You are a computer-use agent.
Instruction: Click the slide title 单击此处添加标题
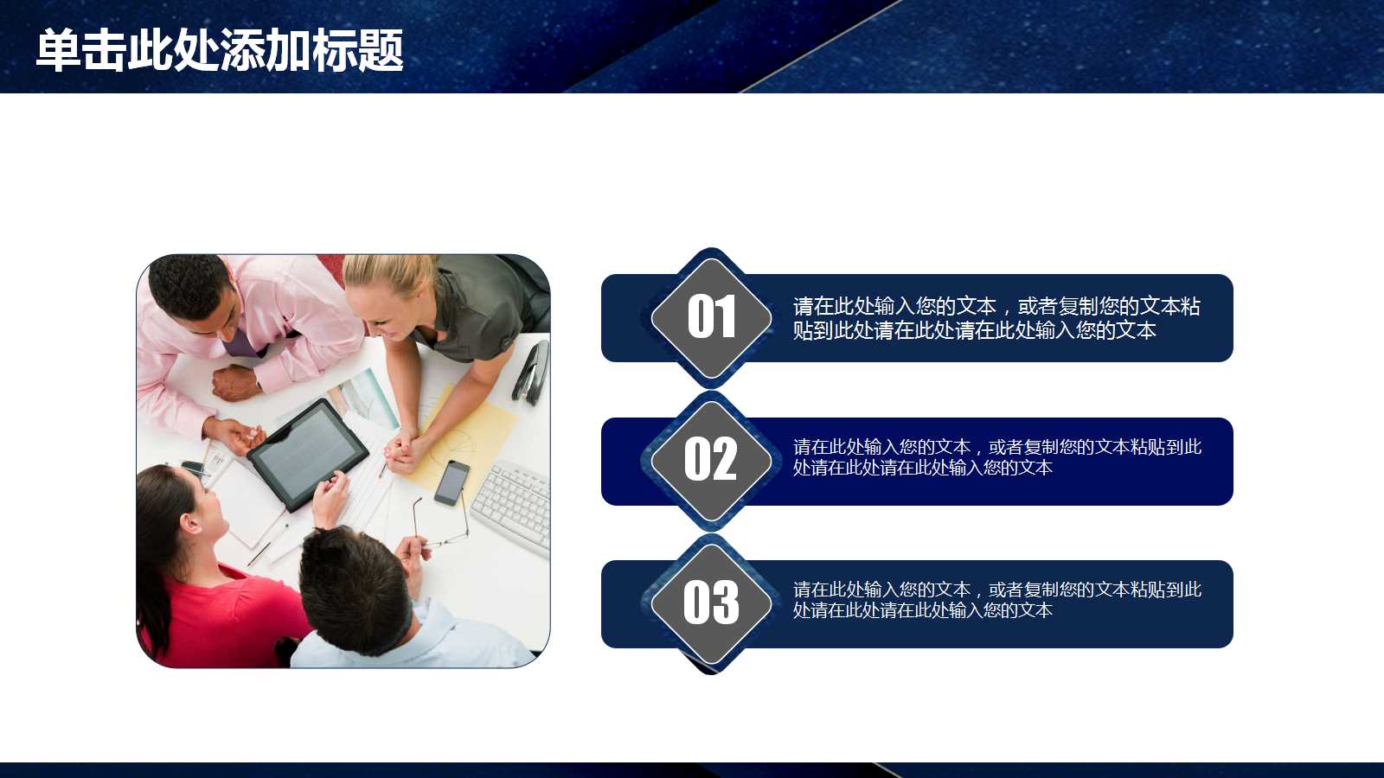(220, 50)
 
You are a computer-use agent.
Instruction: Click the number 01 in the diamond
(711, 317)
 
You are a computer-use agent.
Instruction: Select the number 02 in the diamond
(711, 460)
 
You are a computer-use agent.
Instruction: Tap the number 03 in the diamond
(711, 603)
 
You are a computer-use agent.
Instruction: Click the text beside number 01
(996, 318)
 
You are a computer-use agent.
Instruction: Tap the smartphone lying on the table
(452, 482)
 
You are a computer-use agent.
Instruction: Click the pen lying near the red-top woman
(265, 550)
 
